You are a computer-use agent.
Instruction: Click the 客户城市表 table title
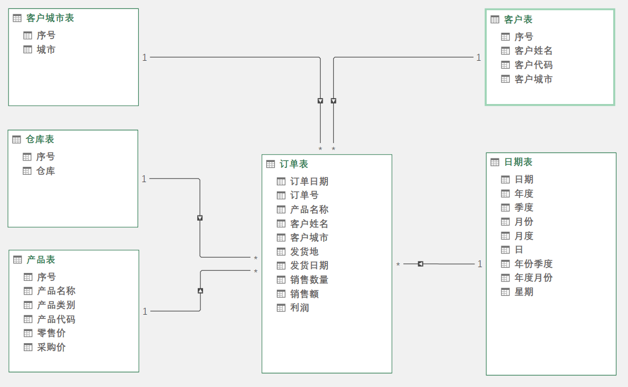coord(50,18)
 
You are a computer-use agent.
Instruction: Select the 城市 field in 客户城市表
coord(46,50)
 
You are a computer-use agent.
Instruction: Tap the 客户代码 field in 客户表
coord(533,65)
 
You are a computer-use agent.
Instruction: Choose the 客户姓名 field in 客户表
coord(533,51)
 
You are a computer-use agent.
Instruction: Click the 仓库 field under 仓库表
coord(45,171)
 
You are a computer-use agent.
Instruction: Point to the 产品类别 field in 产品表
coord(56,305)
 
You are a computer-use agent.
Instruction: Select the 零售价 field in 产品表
coord(51,333)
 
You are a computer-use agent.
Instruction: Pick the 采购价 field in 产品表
coord(51,347)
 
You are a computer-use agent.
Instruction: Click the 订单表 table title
coord(294,164)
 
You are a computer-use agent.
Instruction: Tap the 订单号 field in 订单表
coord(304,195)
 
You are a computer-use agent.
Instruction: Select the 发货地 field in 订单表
coord(304,252)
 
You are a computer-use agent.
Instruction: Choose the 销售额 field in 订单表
coord(304,294)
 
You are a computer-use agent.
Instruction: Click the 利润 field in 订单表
coord(299,308)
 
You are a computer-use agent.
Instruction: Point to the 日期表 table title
coord(518,162)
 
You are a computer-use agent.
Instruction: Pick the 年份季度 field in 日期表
coord(533,264)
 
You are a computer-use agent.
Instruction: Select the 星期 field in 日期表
coord(524,292)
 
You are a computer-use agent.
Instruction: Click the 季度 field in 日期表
coord(524,207)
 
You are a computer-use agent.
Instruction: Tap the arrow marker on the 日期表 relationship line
coord(420,264)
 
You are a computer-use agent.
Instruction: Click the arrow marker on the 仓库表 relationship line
coord(200,218)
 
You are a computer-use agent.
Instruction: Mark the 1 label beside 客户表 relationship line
coord(479,58)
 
